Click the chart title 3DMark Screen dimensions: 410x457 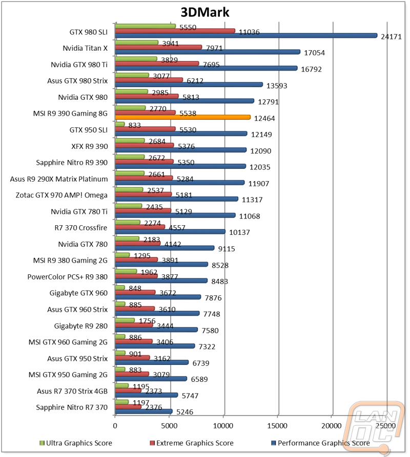coord(205,12)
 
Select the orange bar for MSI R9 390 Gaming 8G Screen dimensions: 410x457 coord(182,117)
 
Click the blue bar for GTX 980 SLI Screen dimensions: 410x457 coord(246,35)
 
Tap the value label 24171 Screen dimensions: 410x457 coord(392,37)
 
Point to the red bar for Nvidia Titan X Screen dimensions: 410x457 coord(158,47)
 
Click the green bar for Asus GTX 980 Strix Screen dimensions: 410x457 coord(132,75)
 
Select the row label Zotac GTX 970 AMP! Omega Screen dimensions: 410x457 coord(61,195)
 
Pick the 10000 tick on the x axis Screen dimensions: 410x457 coord(223,426)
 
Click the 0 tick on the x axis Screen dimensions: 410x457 coord(115,426)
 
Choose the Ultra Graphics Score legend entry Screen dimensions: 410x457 coord(76,443)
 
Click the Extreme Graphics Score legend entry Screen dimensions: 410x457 coord(192,443)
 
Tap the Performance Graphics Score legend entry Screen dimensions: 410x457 coord(321,443)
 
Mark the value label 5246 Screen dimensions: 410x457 coord(184,412)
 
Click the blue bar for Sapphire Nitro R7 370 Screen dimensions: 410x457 coord(143,411)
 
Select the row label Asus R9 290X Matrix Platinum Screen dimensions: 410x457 coord(59,179)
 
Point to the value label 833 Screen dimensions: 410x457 coord(134,125)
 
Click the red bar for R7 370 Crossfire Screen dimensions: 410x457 coord(140,227)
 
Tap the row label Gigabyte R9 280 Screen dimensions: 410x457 coord(81,326)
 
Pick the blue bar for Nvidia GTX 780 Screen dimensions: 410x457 coord(165,248)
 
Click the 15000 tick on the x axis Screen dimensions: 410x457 coord(277,426)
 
